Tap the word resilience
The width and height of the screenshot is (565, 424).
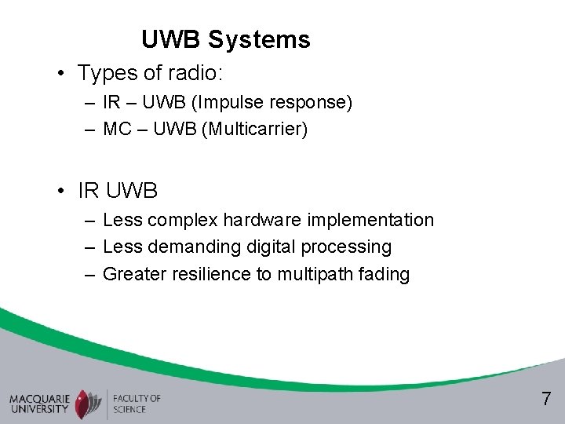click(x=207, y=274)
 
